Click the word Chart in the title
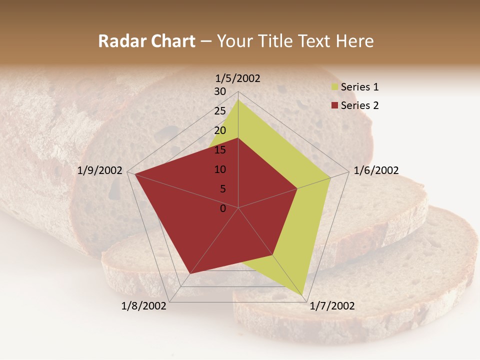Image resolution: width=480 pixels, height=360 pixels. tap(170, 41)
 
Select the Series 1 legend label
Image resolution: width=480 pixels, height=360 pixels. tap(359, 87)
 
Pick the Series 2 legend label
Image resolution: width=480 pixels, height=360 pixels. tap(359, 105)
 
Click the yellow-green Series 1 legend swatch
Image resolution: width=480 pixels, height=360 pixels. tap(334, 87)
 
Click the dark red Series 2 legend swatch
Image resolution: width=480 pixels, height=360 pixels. tap(334, 105)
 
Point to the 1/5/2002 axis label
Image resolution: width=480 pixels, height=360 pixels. tap(238, 78)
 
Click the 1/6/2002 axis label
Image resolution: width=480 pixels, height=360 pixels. tap(376, 170)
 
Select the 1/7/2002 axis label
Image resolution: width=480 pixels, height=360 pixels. tap(332, 306)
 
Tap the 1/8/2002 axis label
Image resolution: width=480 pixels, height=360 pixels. tap(144, 306)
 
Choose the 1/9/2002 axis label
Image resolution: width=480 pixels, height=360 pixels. tap(100, 170)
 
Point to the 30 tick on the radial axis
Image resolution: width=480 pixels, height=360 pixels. tap(220, 91)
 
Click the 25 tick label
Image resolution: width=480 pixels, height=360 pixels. tap(220, 111)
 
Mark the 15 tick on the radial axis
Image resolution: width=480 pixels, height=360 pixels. tap(220, 150)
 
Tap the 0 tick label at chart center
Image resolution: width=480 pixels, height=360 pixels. tap(223, 208)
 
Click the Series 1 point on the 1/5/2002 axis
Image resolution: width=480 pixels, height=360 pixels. tap(238, 99)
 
